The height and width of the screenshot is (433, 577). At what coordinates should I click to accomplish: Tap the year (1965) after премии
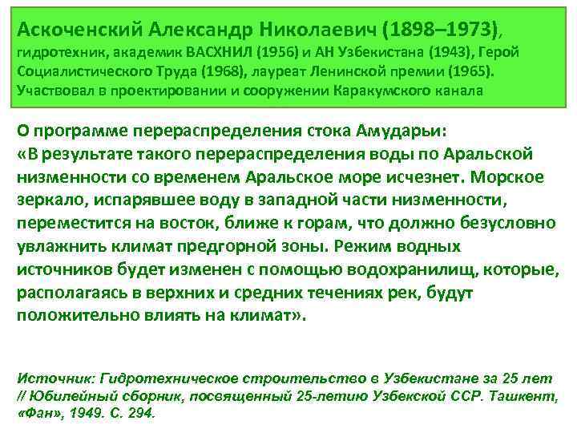(x=470, y=71)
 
